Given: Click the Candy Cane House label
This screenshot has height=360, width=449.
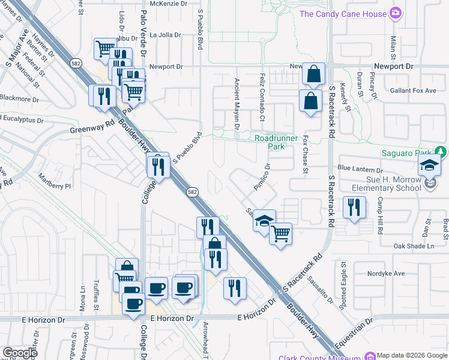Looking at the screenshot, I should pos(342,14).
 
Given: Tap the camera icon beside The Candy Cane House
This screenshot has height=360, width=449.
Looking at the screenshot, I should pos(395,13).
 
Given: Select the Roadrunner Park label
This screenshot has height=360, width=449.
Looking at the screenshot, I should pos(276,142).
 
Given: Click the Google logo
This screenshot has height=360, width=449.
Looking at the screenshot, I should pos(20,352).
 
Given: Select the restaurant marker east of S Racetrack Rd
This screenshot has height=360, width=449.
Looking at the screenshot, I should pos(354,208).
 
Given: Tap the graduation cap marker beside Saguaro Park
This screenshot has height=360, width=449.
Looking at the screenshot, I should pos(430,166).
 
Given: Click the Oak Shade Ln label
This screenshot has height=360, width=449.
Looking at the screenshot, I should pos(414,246).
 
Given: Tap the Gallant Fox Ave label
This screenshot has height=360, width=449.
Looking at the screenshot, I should pos(415,90).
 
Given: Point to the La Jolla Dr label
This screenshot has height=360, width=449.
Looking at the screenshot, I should pos(165,35).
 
